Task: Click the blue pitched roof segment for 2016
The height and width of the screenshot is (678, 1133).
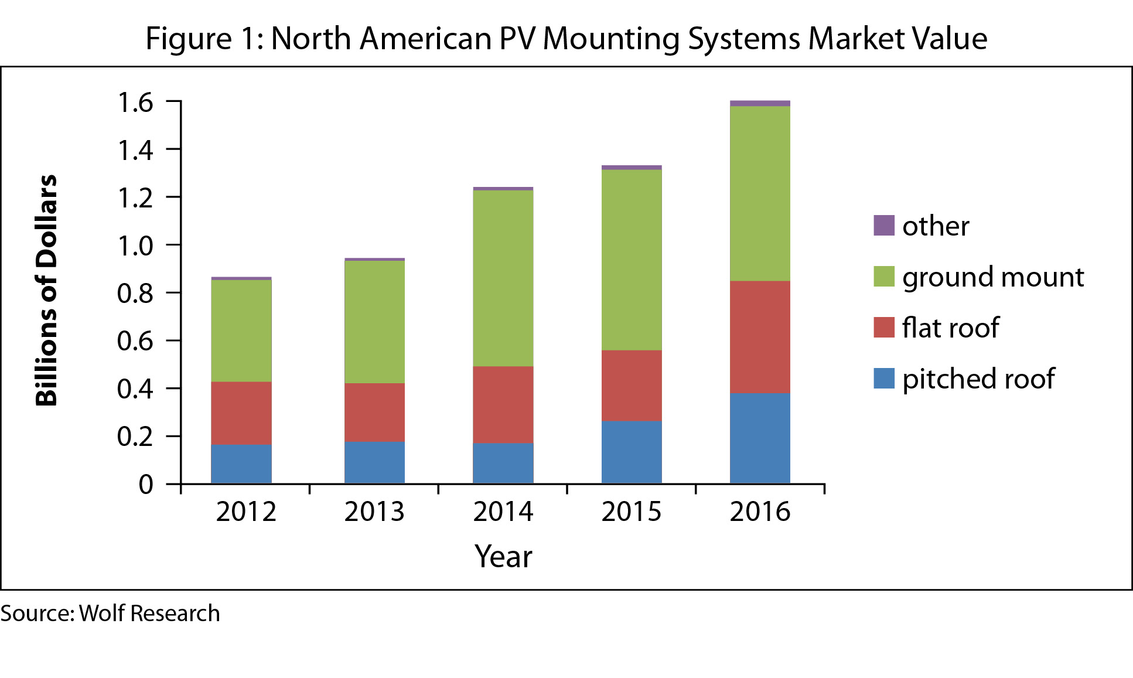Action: pos(760,438)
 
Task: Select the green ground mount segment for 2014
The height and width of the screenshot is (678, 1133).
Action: pos(503,278)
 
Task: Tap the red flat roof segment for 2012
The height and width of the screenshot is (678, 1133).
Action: pos(241,413)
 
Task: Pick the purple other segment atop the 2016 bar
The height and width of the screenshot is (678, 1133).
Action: pos(760,104)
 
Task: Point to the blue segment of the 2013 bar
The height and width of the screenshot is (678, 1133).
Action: pos(374,462)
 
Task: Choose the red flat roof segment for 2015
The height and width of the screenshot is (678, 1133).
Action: pos(632,386)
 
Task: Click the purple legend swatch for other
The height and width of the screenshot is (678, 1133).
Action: pos(883,226)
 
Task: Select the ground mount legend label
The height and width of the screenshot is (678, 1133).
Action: pos(993,277)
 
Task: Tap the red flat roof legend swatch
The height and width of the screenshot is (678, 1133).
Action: pos(883,328)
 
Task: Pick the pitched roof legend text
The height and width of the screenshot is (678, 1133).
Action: pos(978,379)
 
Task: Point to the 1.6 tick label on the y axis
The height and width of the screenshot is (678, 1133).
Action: pos(135,103)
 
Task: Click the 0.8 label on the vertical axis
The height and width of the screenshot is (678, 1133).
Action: pos(135,293)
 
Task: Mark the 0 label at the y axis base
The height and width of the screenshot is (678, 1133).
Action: pos(146,485)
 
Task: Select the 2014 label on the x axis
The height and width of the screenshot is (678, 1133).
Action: pos(503,512)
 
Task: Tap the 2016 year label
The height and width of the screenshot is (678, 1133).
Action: pos(760,512)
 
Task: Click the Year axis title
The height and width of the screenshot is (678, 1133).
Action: pos(503,556)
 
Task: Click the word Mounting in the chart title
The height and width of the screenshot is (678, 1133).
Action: pos(610,39)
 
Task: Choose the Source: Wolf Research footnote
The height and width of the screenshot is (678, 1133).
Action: pos(110,614)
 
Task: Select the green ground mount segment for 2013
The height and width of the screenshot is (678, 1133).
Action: pos(374,322)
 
